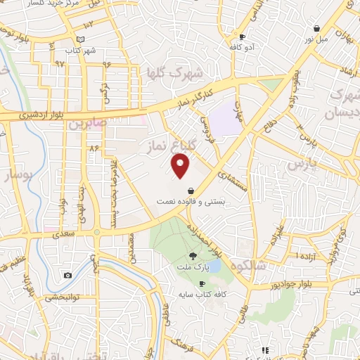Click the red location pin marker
coord(181,166)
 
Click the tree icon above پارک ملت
coord(193,256)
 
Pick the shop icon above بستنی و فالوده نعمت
coord(191,190)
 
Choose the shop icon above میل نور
coord(318,29)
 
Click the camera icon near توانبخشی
coord(67,275)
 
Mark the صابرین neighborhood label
coord(86,124)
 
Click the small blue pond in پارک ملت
coord(214,266)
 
